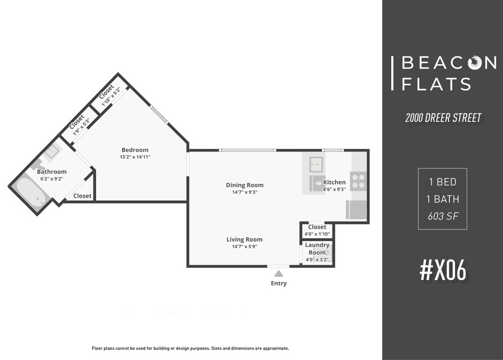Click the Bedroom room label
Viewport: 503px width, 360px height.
tap(135, 150)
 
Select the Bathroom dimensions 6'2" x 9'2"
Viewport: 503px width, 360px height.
tap(51, 179)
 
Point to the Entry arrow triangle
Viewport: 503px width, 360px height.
tap(279, 273)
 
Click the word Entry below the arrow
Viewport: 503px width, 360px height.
tap(279, 283)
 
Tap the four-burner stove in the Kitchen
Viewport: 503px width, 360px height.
tap(358, 181)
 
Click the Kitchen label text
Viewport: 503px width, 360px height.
tap(334, 182)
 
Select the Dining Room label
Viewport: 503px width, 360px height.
tap(245, 185)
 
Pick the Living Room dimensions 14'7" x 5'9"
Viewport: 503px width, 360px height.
tap(245, 247)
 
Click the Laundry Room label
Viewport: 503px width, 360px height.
tap(317, 249)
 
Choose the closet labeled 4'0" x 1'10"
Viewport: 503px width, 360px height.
tap(317, 230)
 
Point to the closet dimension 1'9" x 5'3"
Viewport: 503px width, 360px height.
tap(81, 127)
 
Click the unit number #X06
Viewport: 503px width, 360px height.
tap(443, 271)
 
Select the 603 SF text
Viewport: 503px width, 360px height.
tap(443, 216)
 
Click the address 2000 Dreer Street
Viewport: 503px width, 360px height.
tap(443, 118)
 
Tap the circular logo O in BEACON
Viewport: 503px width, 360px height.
tap(474, 63)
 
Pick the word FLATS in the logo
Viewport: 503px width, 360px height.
tap(436, 84)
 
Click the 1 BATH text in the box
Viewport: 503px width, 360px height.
tap(443, 199)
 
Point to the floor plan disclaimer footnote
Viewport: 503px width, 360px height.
tap(191, 348)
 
